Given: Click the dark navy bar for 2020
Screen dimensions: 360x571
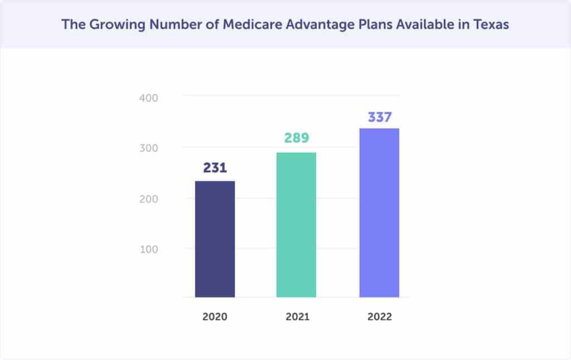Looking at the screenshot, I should tap(215, 239).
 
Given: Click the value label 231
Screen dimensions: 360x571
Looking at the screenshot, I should tap(215, 168).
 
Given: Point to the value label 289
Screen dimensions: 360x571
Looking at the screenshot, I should tap(296, 138).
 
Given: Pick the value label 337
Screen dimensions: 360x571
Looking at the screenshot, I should tap(379, 118).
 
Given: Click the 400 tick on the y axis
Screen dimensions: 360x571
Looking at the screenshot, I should tap(148, 98).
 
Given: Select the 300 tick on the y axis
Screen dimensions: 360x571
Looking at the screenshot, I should tap(148, 148).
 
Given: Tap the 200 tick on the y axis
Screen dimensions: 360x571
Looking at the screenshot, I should tap(148, 199).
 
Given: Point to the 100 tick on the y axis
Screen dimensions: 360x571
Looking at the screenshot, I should tap(148, 249).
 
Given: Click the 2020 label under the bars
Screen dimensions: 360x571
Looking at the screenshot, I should tap(215, 317).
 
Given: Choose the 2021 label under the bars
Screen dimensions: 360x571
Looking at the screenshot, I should tap(297, 317).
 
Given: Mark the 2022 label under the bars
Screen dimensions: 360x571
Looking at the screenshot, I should tap(379, 317).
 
